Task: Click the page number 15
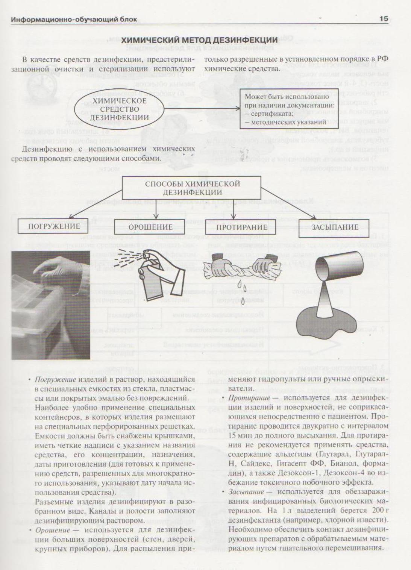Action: (383, 19)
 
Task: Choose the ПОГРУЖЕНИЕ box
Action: (54, 226)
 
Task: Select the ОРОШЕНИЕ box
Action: (150, 227)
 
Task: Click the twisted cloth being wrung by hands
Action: (243, 269)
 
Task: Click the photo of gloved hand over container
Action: (51, 305)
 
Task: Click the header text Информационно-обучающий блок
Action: (74, 19)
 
